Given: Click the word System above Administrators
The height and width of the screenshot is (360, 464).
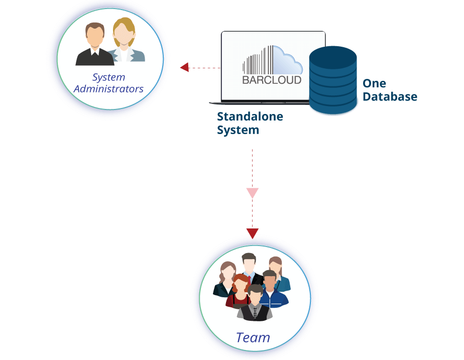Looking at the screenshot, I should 108,77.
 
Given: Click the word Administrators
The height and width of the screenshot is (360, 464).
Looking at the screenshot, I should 108,89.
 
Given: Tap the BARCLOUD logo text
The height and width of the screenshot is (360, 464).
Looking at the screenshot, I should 272,79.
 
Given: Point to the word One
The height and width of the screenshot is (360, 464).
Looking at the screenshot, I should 374,83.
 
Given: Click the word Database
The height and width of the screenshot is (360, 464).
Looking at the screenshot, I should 390,96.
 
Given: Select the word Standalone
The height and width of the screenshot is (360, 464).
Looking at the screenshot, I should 250,117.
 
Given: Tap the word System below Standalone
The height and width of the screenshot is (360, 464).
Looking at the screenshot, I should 238,130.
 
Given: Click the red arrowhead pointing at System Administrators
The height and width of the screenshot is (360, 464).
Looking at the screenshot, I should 184,67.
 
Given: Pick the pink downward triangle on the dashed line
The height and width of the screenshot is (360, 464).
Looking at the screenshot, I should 252,193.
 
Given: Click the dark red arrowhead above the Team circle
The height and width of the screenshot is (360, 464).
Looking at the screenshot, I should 252,233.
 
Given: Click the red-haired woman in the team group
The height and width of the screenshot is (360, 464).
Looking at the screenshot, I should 239,290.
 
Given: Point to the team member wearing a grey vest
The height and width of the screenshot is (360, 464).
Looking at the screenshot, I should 255,305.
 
